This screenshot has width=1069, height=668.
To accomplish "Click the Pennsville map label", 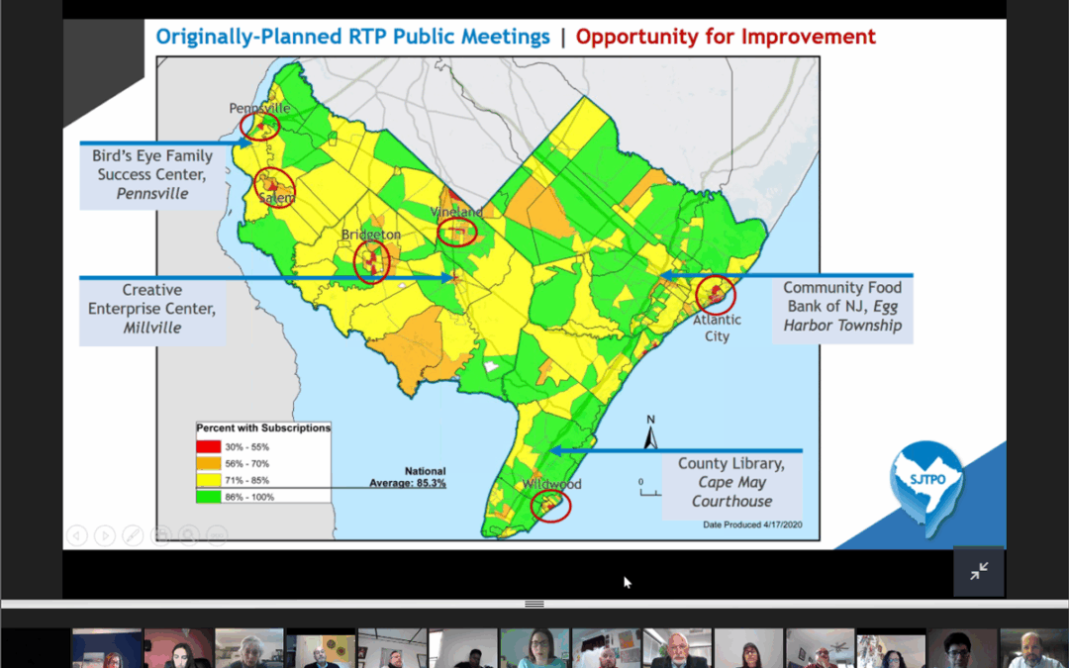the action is [x=259, y=108].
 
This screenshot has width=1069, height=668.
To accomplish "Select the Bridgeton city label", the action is [x=371, y=235].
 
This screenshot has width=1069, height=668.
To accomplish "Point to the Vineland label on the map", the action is [x=456, y=212].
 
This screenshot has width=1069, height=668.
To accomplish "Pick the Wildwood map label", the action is [x=551, y=484].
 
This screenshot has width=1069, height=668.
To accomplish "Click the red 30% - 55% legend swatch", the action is [x=209, y=447].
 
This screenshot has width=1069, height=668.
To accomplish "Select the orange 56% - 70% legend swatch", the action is [x=209, y=463].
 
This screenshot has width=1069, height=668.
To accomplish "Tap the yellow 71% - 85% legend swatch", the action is [x=209, y=480].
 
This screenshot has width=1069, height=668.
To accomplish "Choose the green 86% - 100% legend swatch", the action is [x=209, y=497].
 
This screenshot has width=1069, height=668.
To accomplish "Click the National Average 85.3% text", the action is [x=408, y=477].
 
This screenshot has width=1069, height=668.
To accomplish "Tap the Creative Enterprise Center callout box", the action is [x=152, y=309].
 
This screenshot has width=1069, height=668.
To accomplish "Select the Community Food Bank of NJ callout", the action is [x=842, y=307].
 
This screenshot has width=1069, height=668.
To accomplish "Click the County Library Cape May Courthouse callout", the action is [x=731, y=483].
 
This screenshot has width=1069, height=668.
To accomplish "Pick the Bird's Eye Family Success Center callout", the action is [x=152, y=175].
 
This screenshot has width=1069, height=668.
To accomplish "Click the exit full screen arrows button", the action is [x=979, y=571].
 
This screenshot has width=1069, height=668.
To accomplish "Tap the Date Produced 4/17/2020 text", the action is [x=752, y=525].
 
